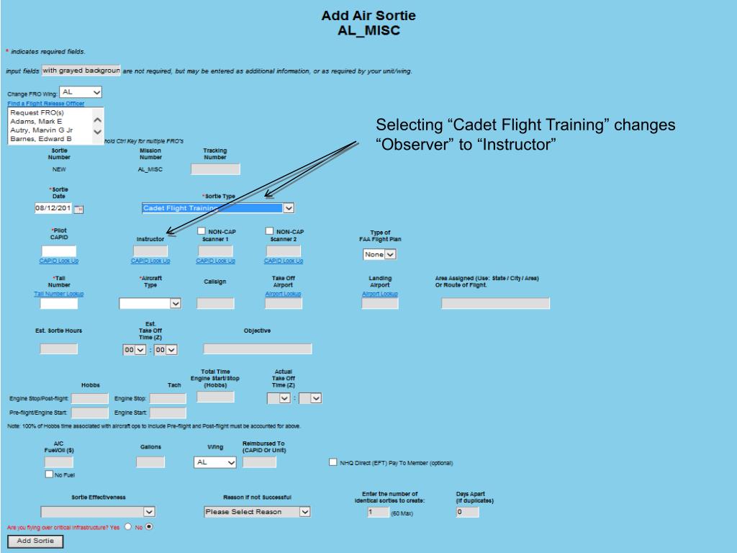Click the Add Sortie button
tap(35, 541)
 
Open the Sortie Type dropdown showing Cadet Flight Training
tap(218, 208)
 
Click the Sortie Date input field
tap(54, 209)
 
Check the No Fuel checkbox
tap(49, 474)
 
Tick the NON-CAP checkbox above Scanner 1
tap(202, 231)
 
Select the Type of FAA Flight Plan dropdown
tap(380, 254)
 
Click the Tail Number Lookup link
tap(58, 294)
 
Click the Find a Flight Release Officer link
tap(46, 104)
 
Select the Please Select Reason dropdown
tap(257, 512)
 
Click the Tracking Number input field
tap(215, 169)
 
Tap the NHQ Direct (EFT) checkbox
tap(333, 462)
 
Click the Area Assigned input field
tap(495, 303)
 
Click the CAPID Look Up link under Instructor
tap(150, 261)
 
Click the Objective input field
tap(258, 349)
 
